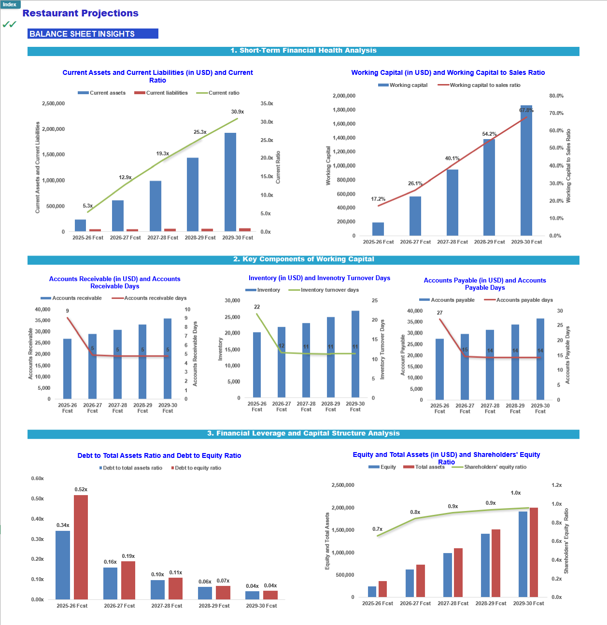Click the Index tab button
(10, 4)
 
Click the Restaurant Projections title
(80, 13)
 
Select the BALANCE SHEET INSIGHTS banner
(93, 34)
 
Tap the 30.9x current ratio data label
(237, 112)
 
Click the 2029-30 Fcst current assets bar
(230, 182)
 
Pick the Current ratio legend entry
(218, 93)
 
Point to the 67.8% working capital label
(526, 110)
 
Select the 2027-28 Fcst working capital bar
(452, 203)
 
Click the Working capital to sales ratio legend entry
(479, 85)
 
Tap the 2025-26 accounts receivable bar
(68, 369)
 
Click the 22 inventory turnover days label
(257, 307)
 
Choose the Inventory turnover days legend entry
(324, 290)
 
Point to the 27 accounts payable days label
(439, 313)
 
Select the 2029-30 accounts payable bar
(540, 359)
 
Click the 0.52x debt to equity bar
(81, 547)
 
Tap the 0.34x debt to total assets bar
(63, 565)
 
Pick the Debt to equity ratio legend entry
(196, 468)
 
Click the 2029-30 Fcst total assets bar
(534, 553)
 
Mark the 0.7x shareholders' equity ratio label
(377, 529)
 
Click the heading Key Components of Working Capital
(303, 259)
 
